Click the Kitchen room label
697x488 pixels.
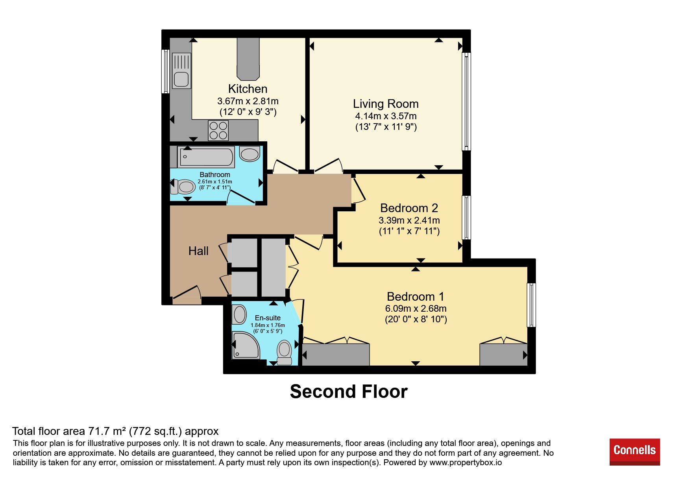click(248, 89)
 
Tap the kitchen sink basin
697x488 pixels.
click(181, 79)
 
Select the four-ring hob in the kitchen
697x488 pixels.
click(218, 131)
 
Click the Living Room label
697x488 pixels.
click(386, 104)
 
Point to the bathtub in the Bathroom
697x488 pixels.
click(206, 157)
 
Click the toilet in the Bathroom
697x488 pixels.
click(183, 187)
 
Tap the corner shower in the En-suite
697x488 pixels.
click(246, 345)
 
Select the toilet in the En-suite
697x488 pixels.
click(285, 353)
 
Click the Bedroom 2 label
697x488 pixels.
click(409, 208)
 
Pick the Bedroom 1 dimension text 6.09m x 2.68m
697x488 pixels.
click(416, 309)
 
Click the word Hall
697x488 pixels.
click(198, 251)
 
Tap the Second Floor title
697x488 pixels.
click(349, 392)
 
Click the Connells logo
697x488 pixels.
click(634, 452)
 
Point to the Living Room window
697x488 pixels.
click(466, 102)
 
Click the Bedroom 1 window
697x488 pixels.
click(531, 305)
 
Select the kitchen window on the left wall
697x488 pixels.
click(166, 71)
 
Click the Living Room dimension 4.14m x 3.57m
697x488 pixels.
click(386, 116)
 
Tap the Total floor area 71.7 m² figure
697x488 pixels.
click(115, 431)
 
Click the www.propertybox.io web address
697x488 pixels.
click(466, 462)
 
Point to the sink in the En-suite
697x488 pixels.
click(239, 315)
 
